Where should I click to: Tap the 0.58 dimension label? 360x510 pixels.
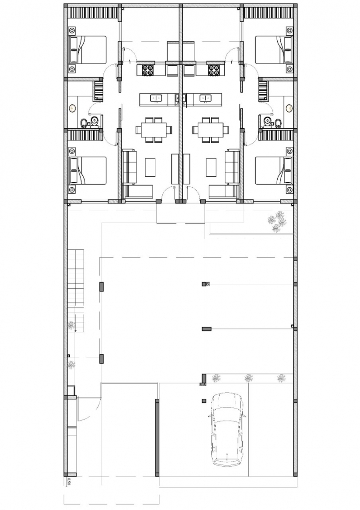[69, 481]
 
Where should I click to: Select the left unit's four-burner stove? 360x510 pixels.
[147, 70]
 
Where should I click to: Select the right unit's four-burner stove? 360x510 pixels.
[214, 70]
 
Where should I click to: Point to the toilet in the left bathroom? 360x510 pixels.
[94, 122]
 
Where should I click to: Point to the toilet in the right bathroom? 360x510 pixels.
[267, 122]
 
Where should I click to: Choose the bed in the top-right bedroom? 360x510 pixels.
[273, 50]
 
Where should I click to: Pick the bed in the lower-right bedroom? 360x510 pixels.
[273, 171]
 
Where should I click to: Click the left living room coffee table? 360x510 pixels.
[150, 167]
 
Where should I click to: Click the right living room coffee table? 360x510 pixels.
[211, 167]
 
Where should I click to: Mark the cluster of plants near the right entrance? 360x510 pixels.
[276, 221]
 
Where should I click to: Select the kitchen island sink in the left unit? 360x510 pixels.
[154, 98]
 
